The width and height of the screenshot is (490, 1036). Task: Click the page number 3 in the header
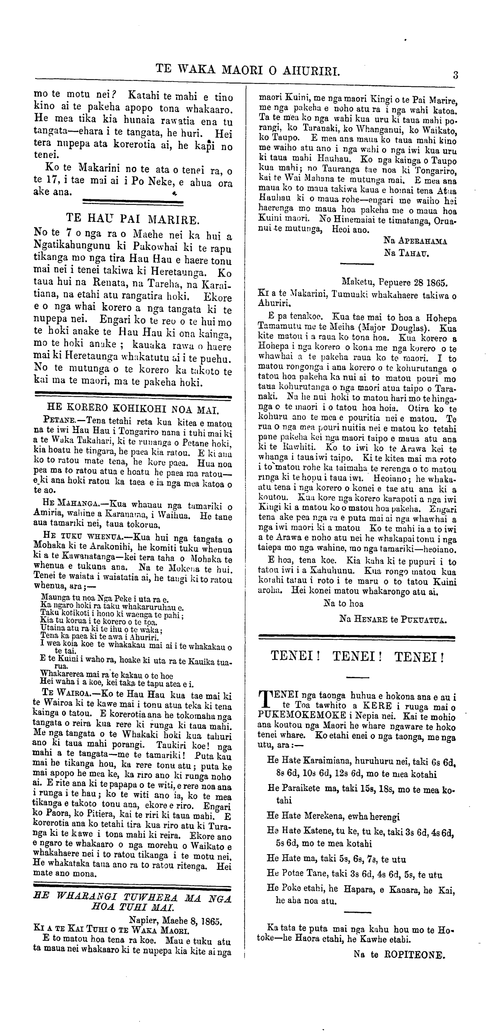pos(456,75)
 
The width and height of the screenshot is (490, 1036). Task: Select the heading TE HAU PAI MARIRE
pos(132,219)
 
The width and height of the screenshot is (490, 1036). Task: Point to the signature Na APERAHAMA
pos(415,241)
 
